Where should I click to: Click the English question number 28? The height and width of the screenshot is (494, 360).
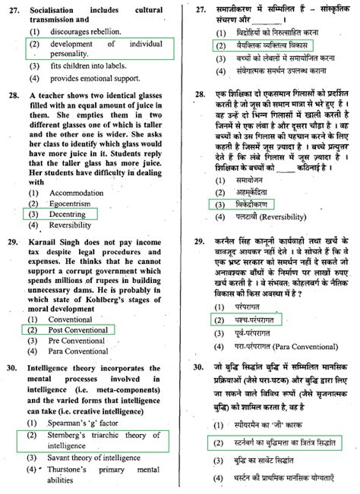click(12, 98)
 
